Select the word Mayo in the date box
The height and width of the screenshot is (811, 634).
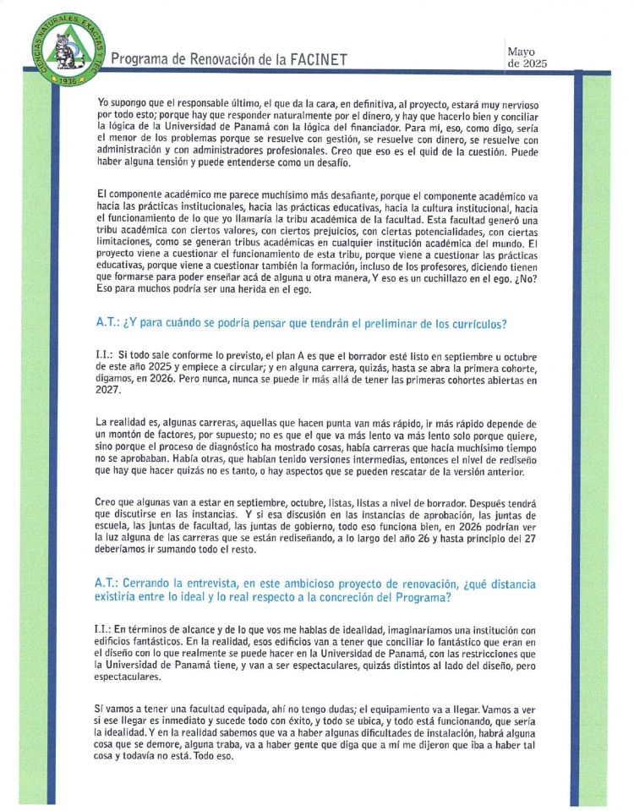point(522,52)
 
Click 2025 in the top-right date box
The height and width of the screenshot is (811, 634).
point(534,63)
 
